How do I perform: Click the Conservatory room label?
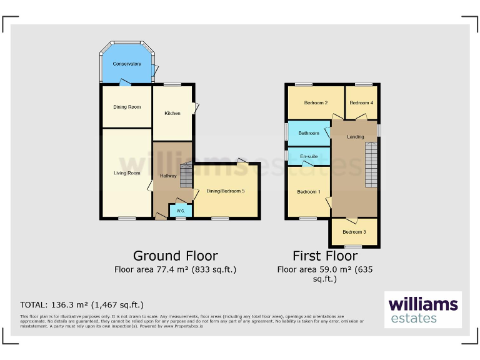coord(127,64)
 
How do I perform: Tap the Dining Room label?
coord(127,107)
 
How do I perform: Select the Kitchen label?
coord(172,113)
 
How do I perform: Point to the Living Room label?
coord(127,173)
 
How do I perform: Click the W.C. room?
coord(180,211)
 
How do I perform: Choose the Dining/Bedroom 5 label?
coord(226,191)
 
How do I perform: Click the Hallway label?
coord(168,176)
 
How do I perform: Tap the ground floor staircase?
coord(186,174)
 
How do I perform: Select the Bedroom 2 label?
coord(316,102)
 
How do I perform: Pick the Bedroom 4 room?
coord(361,102)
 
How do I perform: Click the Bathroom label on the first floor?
coord(309,133)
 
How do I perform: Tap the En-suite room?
coord(309,156)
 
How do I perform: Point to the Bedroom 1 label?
coord(308,192)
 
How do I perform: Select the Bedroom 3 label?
coord(354,232)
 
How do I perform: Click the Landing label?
coord(356,137)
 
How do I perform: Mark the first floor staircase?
coord(371,164)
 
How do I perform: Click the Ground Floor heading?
coord(175,256)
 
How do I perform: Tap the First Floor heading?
coord(325,256)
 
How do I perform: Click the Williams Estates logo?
coord(423,310)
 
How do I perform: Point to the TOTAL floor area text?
coord(82,305)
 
